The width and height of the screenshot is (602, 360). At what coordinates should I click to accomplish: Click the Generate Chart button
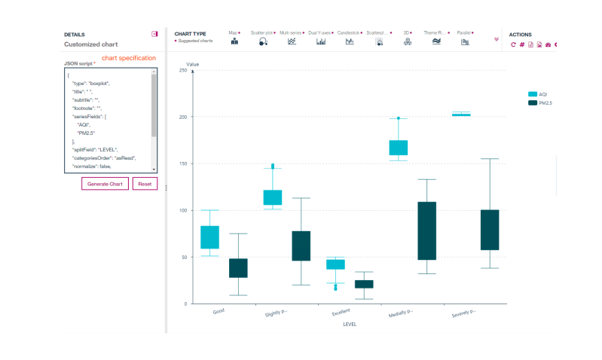pyautogui.click(x=105, y=184)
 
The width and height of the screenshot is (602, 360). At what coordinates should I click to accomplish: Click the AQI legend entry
pyautogui.click(x=538, y=93)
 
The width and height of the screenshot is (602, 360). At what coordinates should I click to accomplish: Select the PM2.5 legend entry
pyautogui.click(x=538, y=102)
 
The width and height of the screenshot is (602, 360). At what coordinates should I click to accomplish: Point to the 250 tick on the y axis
pyautogui.click(x=182, y=70)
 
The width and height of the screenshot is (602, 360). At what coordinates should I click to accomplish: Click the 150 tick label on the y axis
pyautogui.click(x=182, y=163)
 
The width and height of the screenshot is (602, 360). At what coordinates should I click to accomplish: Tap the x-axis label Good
pyautogui.click(x=218, y=310)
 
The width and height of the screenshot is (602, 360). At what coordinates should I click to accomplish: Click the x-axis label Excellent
pyautogui.click(x=341, y=310)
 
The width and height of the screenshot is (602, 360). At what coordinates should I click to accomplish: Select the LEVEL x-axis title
pyautogui.click(x=349, y=325)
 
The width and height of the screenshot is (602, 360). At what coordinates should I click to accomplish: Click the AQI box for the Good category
pyautogui.click(x=209, y=237)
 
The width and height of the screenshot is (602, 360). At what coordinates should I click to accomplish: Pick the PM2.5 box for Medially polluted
pyautogui.click(x=426, y=230)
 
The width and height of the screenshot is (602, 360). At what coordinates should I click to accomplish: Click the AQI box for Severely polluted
pyautogui.click(x=460, y=114)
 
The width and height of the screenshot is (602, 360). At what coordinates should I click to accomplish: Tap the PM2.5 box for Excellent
pyautogui.click(x=364, y=284)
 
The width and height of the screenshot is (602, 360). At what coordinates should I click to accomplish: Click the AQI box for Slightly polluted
pyautogui.click(x=272, y=197)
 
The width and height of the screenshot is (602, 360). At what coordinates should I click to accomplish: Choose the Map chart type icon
pyautogui.click(x=234, y=42)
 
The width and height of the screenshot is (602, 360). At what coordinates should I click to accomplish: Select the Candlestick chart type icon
pyautogui.click(x=350, y=42)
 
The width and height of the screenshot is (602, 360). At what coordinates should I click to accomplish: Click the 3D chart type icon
pyautogui.click(x=407, y=42)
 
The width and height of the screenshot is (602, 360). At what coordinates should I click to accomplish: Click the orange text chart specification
pyautogui.click(x=128, y=58)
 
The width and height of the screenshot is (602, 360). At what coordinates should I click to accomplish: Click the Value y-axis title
pyautogui.click(x=193, y=64)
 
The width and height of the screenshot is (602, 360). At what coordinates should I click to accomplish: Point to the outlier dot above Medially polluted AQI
pyautogui.click(x=399, y=118)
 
